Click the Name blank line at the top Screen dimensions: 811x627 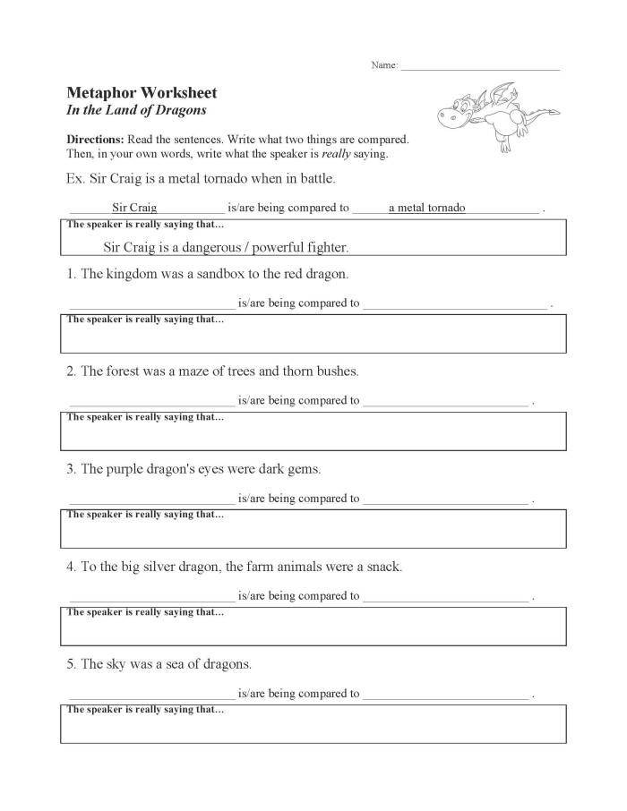tap(480, 67)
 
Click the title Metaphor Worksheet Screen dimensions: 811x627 tap(142, 93)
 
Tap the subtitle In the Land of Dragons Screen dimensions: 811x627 tap(136, 110)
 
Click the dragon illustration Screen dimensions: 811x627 tap(496, 115)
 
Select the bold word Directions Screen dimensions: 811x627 tap(95, 140)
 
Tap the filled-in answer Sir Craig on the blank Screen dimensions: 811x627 tap(134, 208)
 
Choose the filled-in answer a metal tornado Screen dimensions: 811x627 tap(426, 208)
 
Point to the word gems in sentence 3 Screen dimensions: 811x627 tap(305, 468)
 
